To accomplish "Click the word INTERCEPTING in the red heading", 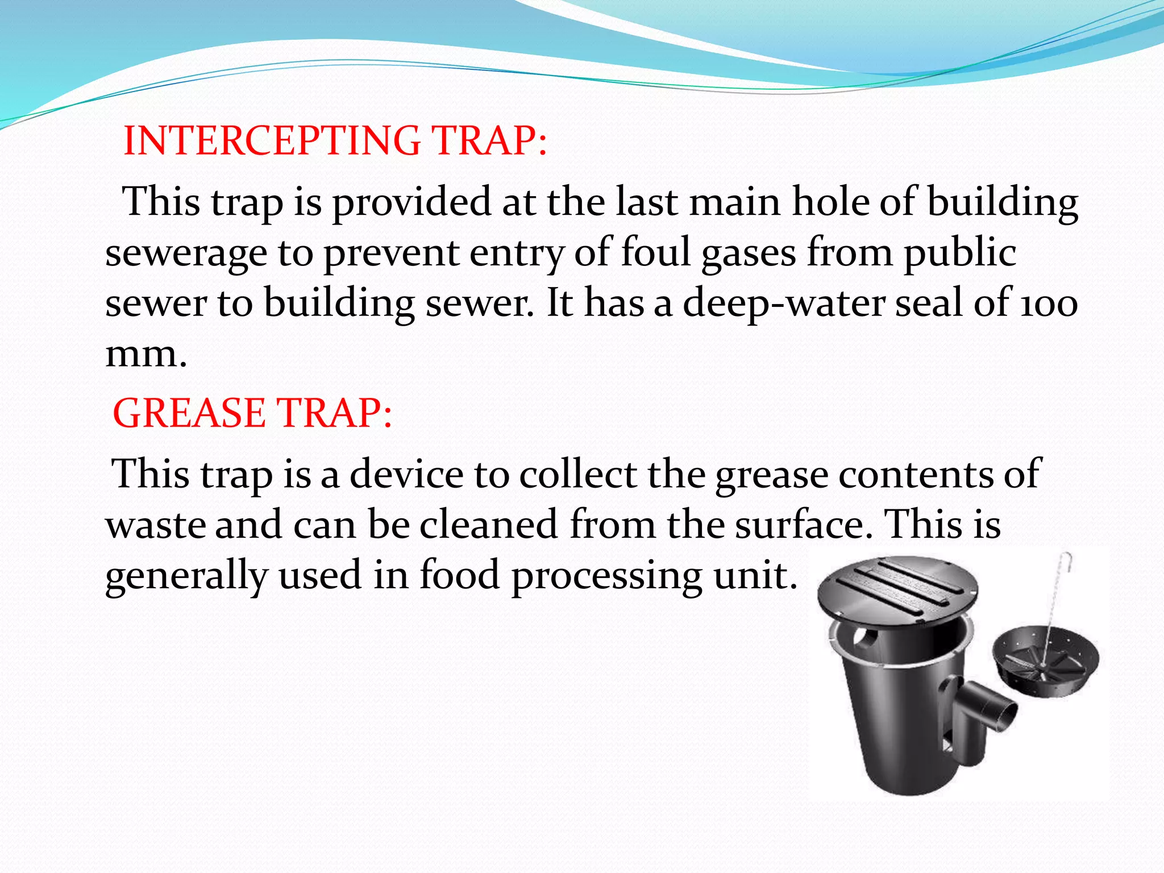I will click(272, 140).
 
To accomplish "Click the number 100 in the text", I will click(1049, 304).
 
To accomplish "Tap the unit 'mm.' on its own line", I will click(146, 354).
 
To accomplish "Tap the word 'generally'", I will click(186, 575).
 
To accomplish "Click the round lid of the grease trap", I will click(897, 591).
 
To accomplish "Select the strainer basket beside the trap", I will click(1045, 662).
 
